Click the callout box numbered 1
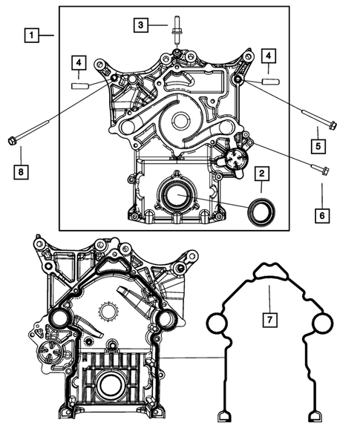click(x=31, y=34)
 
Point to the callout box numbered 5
click(x=317, y=147)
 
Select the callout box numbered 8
click(x=22, y=173)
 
